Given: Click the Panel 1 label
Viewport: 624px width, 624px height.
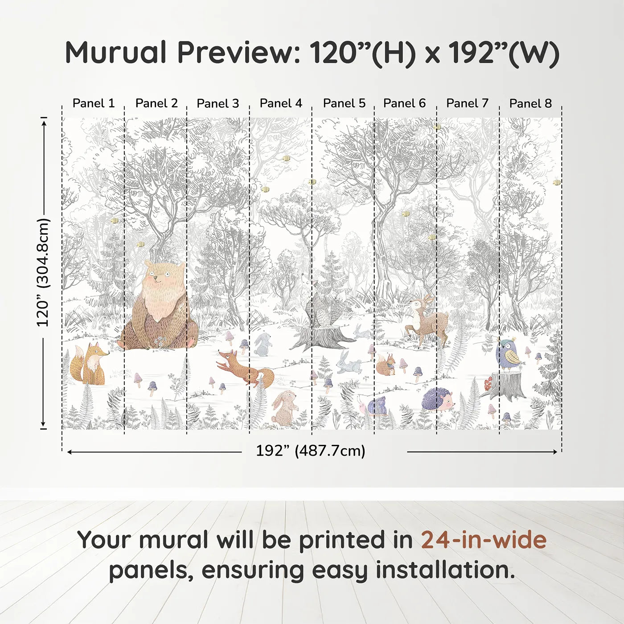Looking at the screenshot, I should [x=94, y=103].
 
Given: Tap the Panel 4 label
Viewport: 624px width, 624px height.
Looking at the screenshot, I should [x=281, y=103].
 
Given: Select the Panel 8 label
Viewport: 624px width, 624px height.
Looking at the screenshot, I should [x=530, y=103].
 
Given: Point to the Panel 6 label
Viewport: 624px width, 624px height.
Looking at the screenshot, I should [x=404, y=103].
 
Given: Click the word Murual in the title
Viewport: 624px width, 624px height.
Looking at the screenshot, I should [x=116, y=53].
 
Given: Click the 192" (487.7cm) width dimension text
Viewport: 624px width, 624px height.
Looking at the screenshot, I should [x=310, y=451].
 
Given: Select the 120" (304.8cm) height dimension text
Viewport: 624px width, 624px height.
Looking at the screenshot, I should [x=43, y=272].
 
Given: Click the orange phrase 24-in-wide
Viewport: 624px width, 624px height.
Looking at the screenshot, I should [x=484, y=540].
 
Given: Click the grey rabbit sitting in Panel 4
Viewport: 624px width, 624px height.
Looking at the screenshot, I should [x=263, y=344].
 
